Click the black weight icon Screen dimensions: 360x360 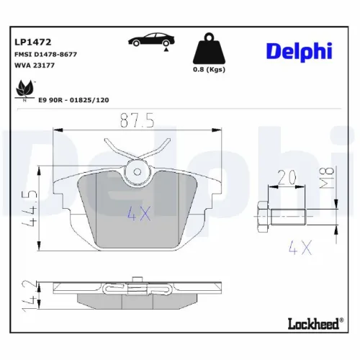(210, 50)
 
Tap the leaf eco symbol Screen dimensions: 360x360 (23, 89)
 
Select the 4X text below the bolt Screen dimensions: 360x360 (298, 248)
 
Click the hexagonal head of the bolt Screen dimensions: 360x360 (263, 213)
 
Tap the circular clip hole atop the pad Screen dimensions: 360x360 (137, 171)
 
